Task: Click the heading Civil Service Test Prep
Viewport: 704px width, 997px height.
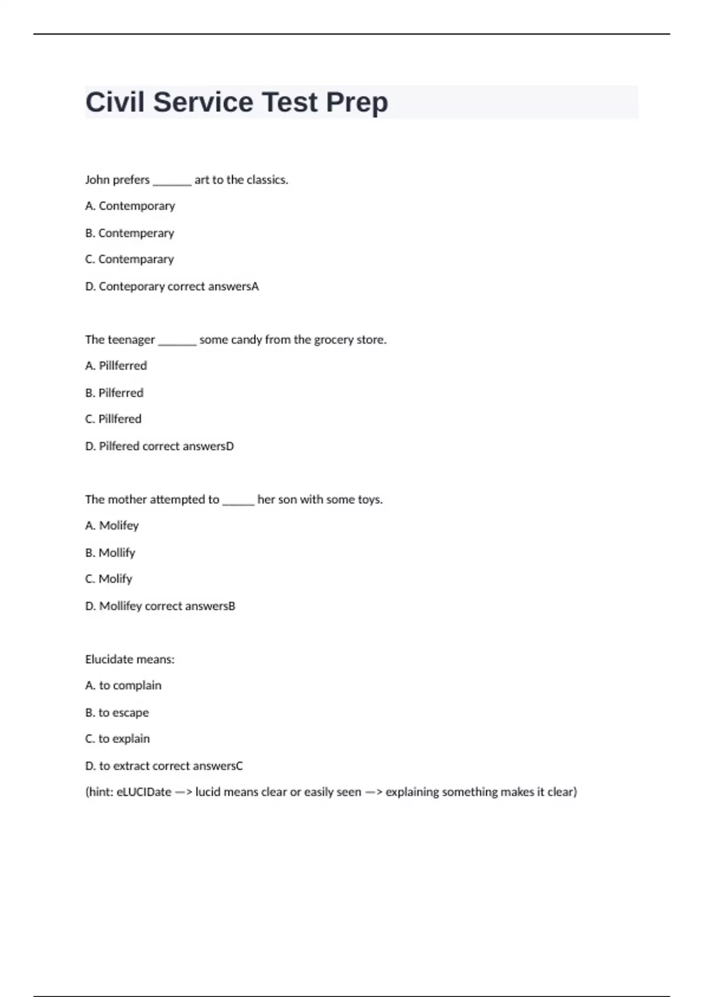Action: point(236,102)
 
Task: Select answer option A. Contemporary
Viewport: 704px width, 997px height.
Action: point(130,206)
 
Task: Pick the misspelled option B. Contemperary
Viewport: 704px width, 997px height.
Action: point(130,233)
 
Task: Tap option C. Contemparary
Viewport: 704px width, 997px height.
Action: point(130,259)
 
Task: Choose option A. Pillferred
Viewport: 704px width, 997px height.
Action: point(116,366)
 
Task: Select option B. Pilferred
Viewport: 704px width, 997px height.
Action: point(114,393)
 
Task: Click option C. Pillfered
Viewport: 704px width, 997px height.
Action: point(113,419)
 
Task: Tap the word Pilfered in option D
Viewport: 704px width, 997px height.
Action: point(119,446)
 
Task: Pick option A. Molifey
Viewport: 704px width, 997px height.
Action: point(112,525)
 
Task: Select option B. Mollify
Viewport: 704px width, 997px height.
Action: point(110,552)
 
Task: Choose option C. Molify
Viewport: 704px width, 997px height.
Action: point(109,579)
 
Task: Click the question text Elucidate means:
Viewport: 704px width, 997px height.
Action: point(130,659)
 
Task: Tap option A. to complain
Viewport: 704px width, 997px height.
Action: point(123,686)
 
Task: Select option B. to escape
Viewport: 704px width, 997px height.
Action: point(117,713)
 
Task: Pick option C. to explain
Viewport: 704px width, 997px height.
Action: point(117,739)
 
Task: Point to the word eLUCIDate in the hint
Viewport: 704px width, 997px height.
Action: point(144,792)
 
